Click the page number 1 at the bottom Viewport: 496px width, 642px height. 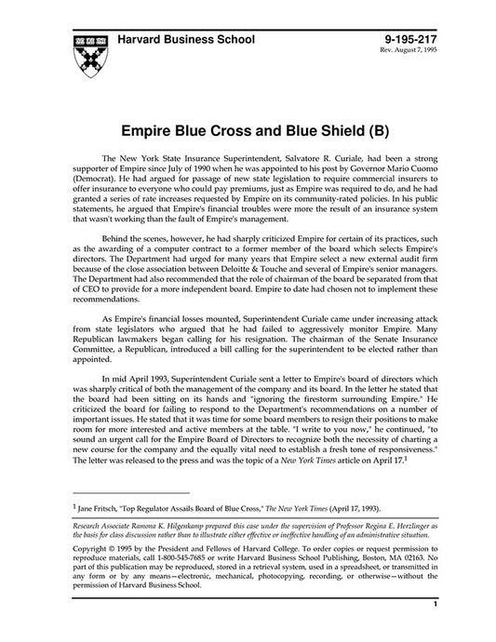click(435, 629)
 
